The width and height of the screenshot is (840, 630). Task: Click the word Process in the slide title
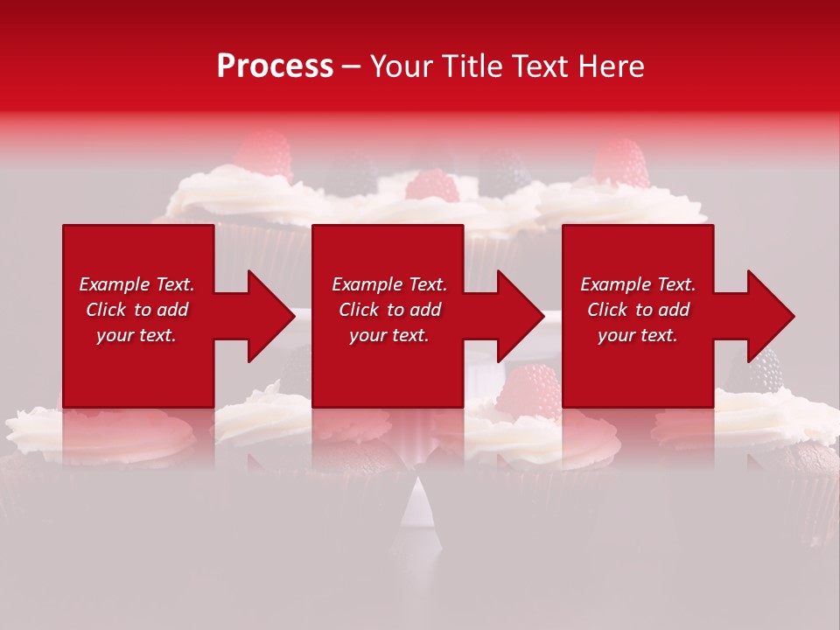(x=275, y=66)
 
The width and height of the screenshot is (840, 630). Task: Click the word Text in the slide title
(x=536, y=66)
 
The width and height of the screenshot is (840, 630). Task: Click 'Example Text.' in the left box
(x=136, y=284)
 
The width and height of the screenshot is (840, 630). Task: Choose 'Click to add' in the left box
(x=136, y=310)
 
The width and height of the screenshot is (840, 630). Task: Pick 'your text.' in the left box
(x=136, y=335)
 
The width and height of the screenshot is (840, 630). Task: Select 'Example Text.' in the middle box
(x=389, y=284)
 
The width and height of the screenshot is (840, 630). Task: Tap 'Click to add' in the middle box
(x=389, y=310)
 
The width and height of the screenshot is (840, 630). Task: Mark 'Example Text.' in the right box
(x=638, y=284)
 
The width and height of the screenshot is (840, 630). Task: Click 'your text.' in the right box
(x=638, y=335)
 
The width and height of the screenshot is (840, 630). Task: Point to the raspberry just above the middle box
(x=432, y=185)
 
